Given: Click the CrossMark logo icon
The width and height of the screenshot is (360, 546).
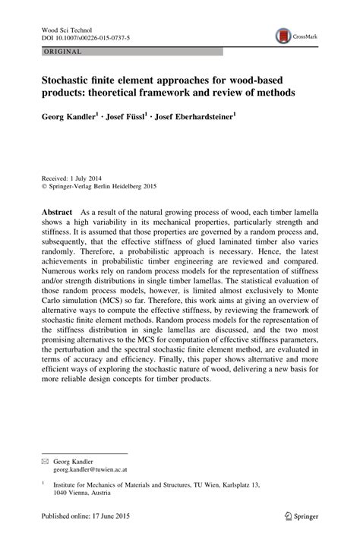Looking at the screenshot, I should coord(285,34).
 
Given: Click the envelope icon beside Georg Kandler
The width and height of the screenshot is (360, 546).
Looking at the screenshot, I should coord(44,462).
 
